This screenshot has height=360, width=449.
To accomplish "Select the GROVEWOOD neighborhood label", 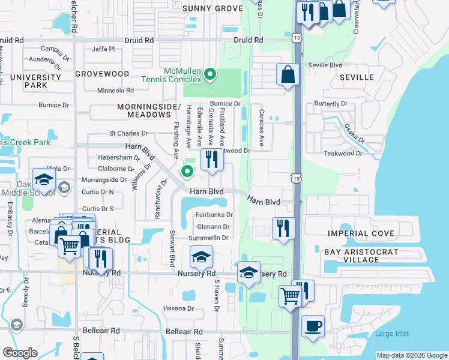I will pos(102,73).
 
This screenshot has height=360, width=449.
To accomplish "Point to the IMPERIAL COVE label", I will pos(361,233).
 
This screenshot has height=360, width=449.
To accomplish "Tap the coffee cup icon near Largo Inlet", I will pos(313,326).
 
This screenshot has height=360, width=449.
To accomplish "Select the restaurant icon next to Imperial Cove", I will pos(283,228).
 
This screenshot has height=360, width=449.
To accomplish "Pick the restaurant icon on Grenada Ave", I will pos(211,160).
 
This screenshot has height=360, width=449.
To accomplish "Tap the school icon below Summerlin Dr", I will pos(201,258).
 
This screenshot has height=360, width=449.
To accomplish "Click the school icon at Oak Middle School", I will pos(44,179).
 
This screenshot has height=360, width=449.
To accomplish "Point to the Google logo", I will pos(20,353).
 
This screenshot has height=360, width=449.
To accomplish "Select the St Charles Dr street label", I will pos(128,133).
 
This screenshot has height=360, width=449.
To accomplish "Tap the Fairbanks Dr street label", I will pos(214,215).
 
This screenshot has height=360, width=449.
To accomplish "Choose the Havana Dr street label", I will pos(178,309).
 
